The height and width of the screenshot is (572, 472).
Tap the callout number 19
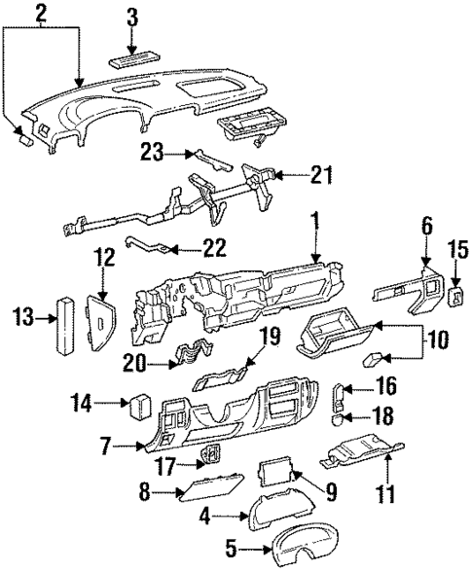click(x=271, y=338)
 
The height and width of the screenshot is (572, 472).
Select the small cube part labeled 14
click(x=136, y=402)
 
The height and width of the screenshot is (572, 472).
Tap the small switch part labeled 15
click(x=454, y=294)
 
